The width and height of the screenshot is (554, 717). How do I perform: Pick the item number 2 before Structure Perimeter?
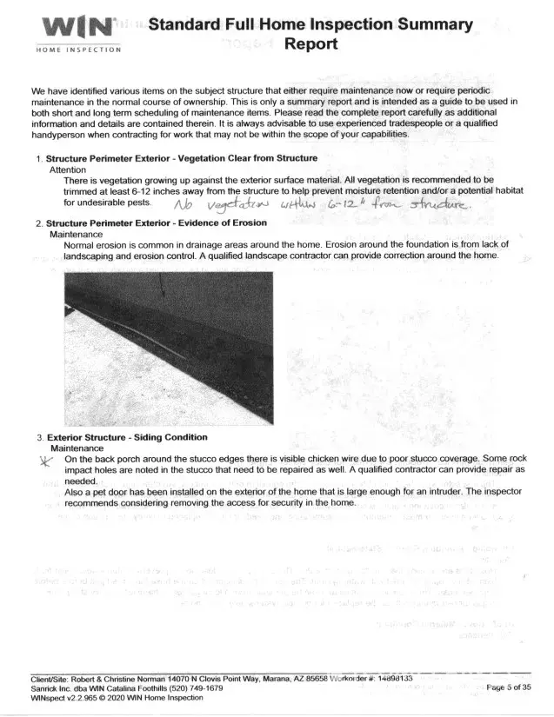click(38, 224)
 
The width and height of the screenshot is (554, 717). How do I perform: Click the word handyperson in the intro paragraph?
click(62, 135)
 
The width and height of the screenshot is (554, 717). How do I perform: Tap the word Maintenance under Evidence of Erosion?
click(76, 235)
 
